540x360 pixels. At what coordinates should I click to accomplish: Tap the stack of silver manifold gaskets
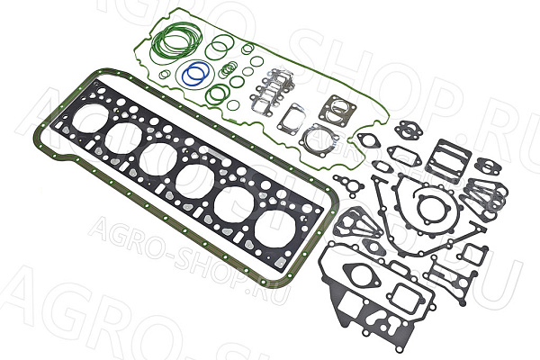272,91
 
